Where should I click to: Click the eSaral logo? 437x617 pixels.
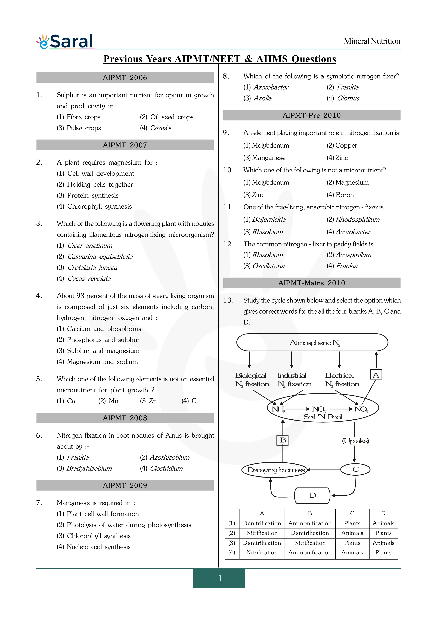pyautogui.click(x=65, y=42)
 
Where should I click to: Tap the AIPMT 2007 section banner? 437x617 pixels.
pyautogui.click(x=125, y=145)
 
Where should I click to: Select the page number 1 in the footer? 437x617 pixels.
pyautogui.click(x=220, y=578)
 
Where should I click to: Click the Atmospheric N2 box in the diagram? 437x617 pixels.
pyautogui.click(x=312, y=343)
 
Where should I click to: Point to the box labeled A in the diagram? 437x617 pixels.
pyautogui.click(x=376, y=375)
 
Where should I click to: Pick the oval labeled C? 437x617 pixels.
pyautogui.click(x=355, y=469)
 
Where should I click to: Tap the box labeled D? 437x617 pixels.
pyautogui.click(x=312, y=495)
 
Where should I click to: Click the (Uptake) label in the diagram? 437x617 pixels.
pyautogui.click(x=355, y=441)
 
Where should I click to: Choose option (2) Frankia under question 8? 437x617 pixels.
pyautogui.click(x=343, y=87)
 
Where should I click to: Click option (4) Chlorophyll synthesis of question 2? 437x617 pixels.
pyautogui.click(x=94, y=206)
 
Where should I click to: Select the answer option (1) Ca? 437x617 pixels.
pyautogui.click(x=66, y=401)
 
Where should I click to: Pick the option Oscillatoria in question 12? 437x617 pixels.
pyautogui.click(x=264, y=266)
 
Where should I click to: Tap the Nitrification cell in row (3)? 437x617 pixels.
pyautogui.click(x=310, y=543)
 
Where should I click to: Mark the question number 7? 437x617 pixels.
pyautogui.click(x=39, y=503)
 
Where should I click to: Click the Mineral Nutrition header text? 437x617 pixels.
pyautogui.click(x=372, y=41)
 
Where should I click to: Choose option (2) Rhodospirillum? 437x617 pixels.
pyautogui.click(x=353, y=220)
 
